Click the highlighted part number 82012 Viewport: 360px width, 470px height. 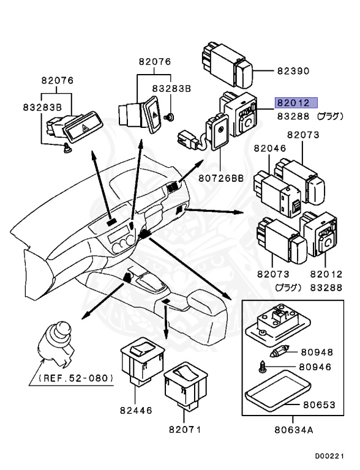click(x=293, y=103)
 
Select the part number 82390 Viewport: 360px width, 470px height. click(x=293, y=71)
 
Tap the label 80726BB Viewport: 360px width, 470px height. click(x=221, y=178)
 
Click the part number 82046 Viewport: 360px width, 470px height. click(x=270, y=148)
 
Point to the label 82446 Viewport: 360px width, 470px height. click(x=136, y=410)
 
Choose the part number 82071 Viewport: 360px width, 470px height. click(x=185, y=430)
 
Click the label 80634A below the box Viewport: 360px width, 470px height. click(x=294, y=430)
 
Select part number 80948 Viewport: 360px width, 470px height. click(x=317, y=352)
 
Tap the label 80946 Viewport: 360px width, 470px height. click(x=315, y=367)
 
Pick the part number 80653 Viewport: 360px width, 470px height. click(x=319, y=405)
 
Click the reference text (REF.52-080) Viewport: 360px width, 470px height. click(x=76, y=378)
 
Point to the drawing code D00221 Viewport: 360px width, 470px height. click(x=329, y=457)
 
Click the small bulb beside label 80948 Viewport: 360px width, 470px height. click(x=279, y=351)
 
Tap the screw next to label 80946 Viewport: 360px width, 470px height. click(x=261, y=366)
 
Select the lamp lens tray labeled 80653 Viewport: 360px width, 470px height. click(x=277, y=390)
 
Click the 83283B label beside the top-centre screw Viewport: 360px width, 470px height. click(x=171, y=89)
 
